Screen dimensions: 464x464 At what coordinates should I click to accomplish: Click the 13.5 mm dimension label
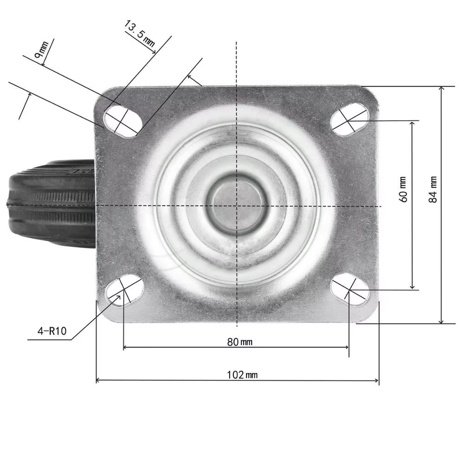[x=139, y=33]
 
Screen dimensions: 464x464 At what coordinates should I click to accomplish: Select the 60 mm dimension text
[x=403, y=189]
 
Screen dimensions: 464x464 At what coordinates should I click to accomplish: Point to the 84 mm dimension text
[x=432, y=189]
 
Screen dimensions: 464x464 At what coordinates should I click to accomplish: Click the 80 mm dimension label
[x=240, y=342]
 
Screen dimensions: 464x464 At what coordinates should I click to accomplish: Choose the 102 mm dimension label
[x=242, y=375]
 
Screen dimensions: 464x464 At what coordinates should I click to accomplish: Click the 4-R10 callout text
[x=52, y=331]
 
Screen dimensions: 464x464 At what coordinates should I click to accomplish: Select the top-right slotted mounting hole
[x=350, y=119]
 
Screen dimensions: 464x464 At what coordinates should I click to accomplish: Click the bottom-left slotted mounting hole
[x=124, y=290]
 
